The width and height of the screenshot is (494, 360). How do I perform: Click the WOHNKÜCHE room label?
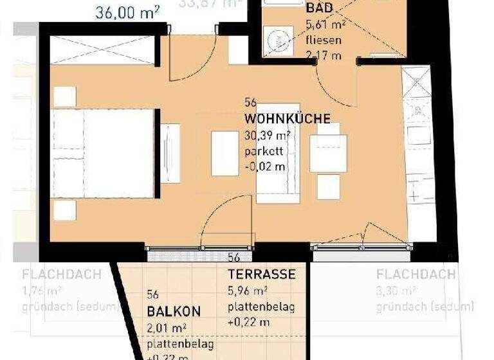[x=288, y=119]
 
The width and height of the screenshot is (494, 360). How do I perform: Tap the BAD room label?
[x=319, y=8]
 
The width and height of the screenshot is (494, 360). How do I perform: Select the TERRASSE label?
[x=262, y=274]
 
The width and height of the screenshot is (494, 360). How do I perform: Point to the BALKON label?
[x=174, y=311]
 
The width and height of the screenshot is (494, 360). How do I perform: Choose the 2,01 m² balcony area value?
[x=167, y=328]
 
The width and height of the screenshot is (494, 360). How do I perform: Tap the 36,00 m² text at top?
[x=127, y=12]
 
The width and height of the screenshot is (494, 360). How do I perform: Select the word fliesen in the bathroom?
[x=324, y=40]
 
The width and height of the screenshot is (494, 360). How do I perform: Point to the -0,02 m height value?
[x=266, y=167]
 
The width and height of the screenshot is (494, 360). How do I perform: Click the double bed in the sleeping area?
[x=103, y=154]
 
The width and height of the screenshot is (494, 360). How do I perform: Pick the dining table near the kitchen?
[x=328, y=153]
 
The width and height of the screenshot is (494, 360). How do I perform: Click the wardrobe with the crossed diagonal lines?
[x=102, y=50]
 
